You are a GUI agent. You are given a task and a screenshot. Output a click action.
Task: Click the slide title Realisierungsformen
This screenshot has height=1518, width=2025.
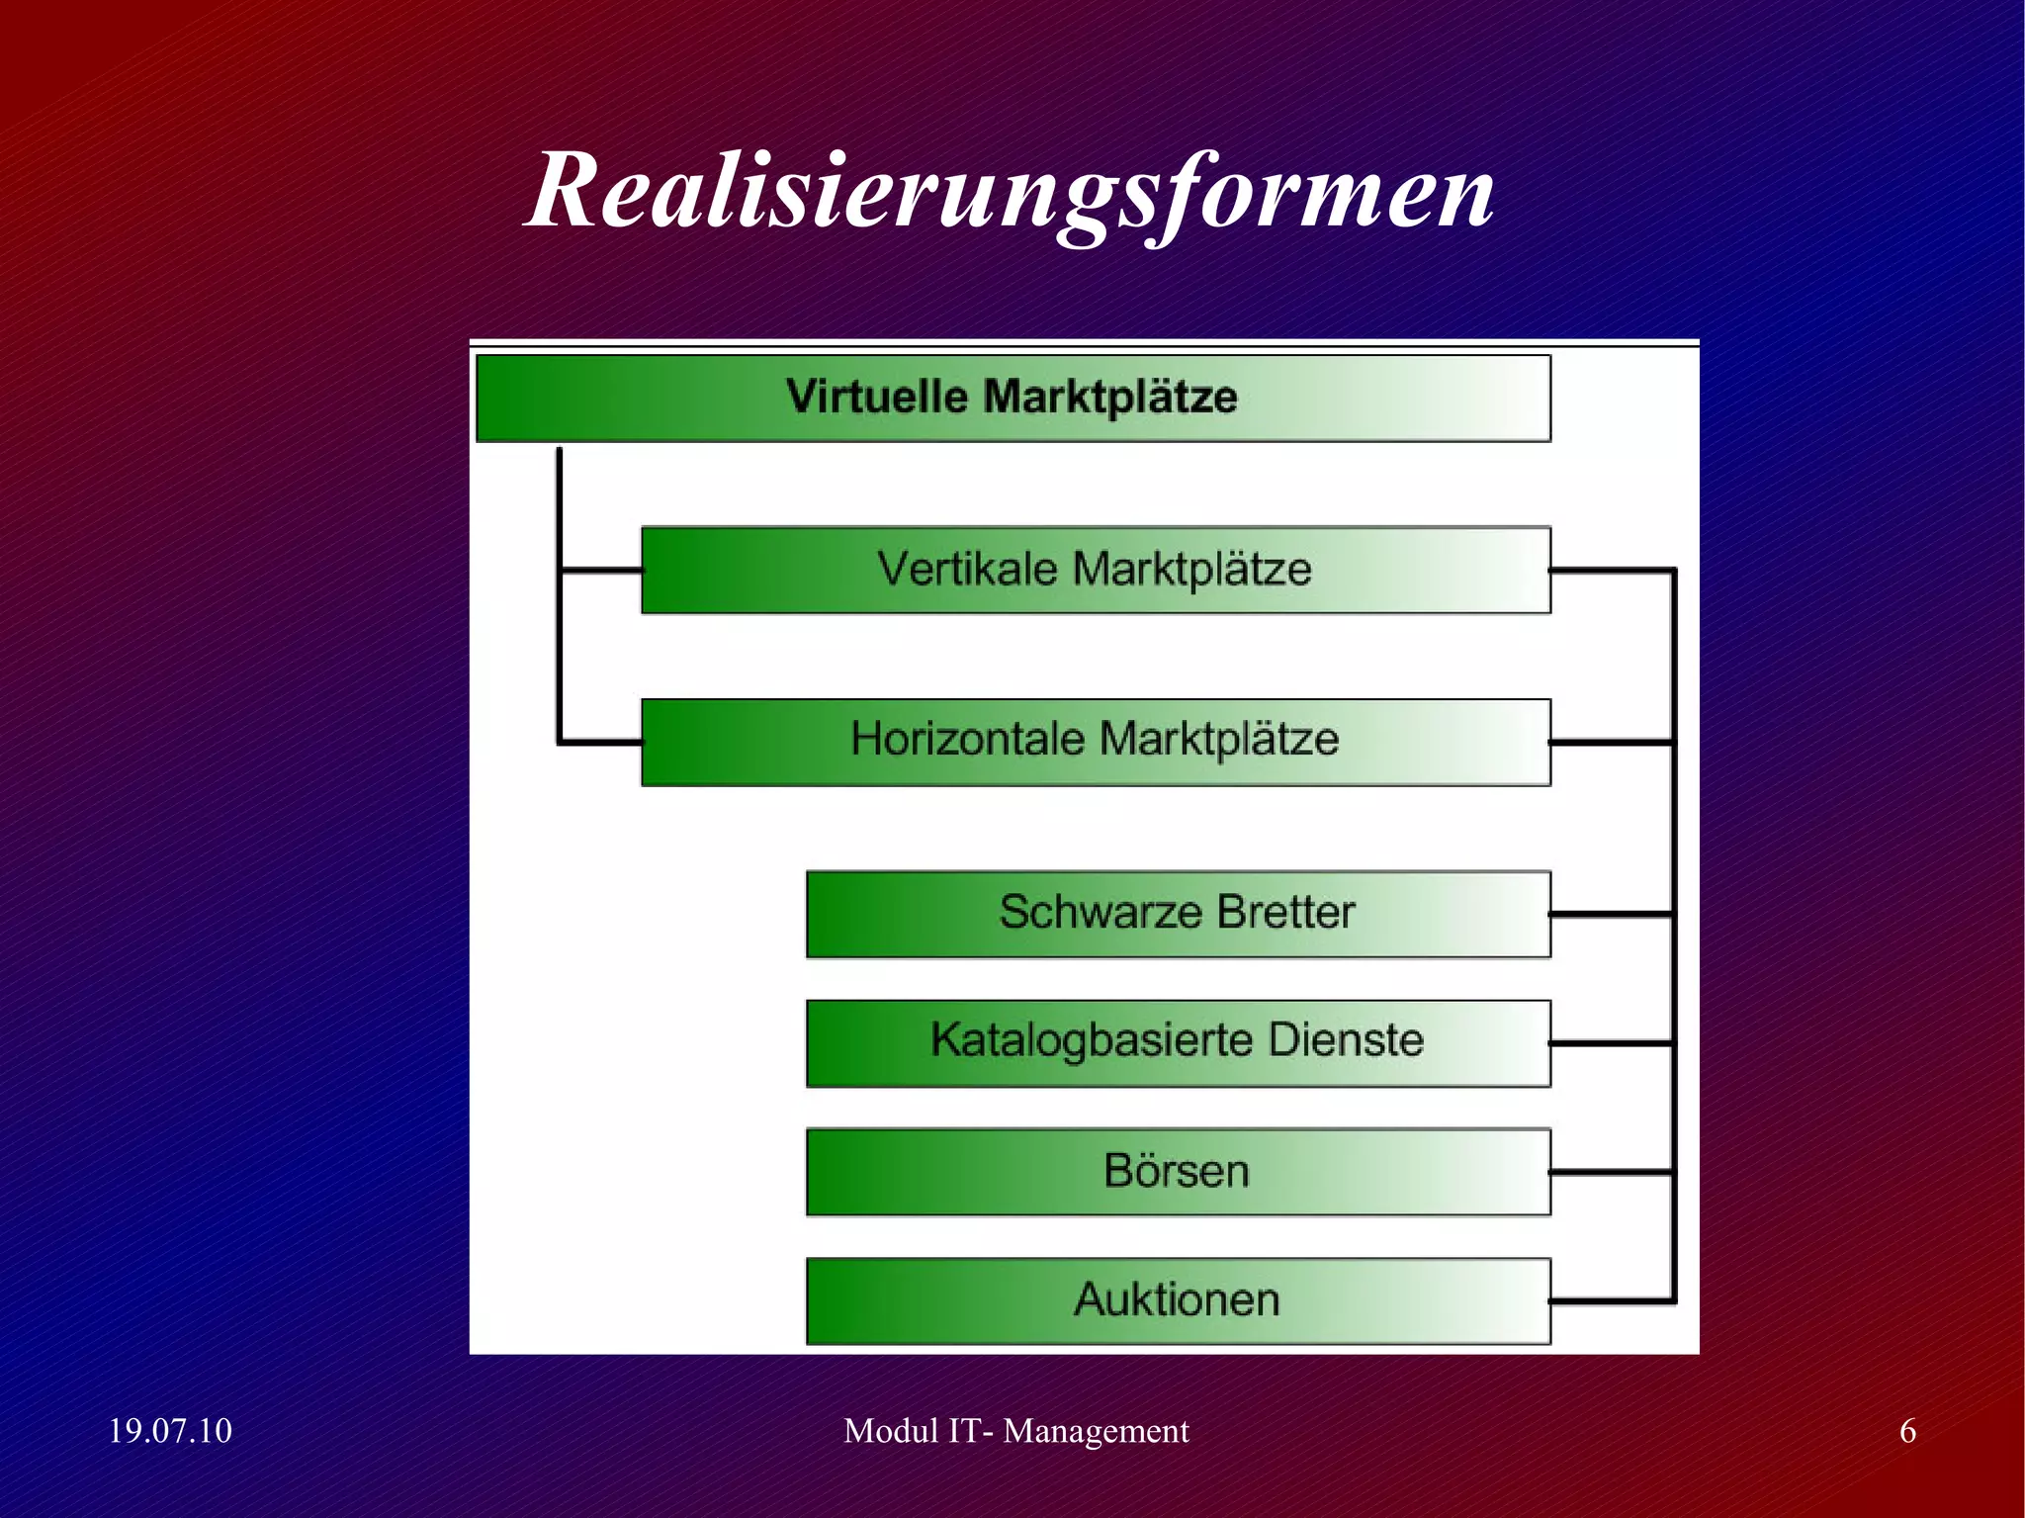1011,190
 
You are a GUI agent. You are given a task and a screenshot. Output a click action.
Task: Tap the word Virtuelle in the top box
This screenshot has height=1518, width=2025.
877,397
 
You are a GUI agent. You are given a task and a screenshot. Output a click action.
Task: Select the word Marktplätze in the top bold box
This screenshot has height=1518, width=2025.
1109,398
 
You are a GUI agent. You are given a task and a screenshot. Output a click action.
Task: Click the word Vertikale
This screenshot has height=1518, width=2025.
966,570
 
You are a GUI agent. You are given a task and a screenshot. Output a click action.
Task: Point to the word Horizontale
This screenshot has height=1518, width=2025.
966,740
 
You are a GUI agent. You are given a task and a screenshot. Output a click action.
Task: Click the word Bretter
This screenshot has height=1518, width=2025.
1285,912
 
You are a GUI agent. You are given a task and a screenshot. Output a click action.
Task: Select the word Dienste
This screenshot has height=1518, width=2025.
1346,1040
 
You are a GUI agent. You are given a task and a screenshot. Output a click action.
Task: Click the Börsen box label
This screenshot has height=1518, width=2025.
1177,1171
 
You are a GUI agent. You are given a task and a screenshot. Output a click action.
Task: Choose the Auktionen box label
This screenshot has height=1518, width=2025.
1177,1299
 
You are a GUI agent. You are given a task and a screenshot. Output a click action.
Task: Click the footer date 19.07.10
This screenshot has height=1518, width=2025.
169,1431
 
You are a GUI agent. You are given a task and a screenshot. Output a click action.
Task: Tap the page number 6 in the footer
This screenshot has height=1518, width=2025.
1907,1431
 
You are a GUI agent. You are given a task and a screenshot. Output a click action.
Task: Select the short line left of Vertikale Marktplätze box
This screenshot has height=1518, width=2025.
601,570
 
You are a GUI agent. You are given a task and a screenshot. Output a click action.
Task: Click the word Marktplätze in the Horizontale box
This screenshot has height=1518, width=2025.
1219,740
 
